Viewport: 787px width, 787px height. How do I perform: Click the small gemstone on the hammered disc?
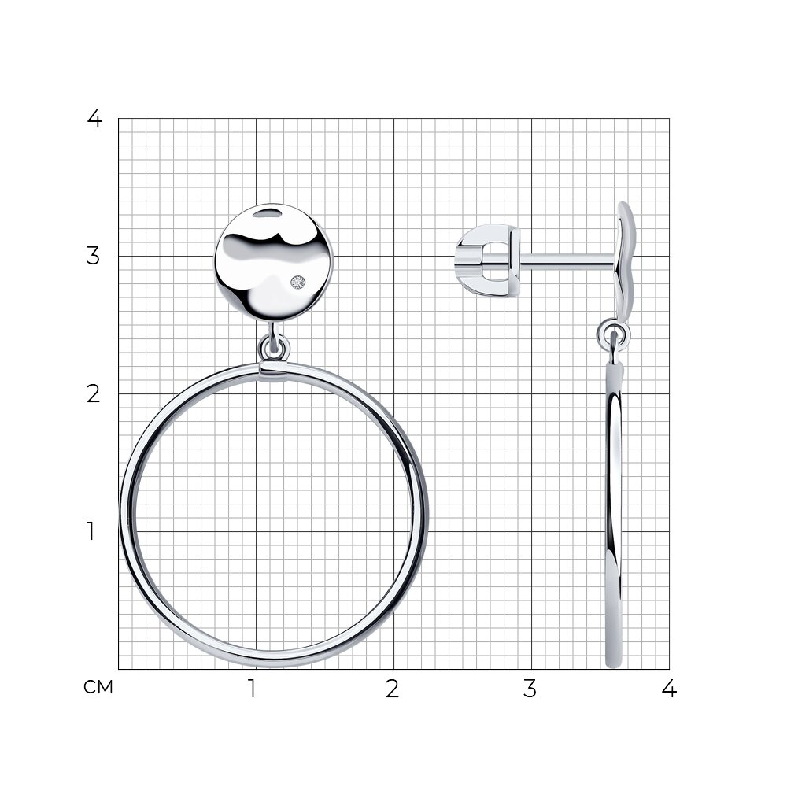tap(297, 283)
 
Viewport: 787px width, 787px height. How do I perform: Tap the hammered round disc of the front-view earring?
tap(274, 263)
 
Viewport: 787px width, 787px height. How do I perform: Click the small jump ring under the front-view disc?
tap(274, 348)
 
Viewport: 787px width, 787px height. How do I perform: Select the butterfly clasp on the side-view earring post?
tap(487, 260)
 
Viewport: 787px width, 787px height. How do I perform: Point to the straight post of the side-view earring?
tap(567, 260)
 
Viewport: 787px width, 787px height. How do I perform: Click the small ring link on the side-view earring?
tap(613, 334)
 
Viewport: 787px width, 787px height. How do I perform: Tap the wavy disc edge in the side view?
tap(626, 261)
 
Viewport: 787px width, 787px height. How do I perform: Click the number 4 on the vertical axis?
tap(94, 119)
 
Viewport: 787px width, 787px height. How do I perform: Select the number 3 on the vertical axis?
tap(94, 256)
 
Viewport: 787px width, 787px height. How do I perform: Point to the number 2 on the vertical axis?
tap(94, 394)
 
